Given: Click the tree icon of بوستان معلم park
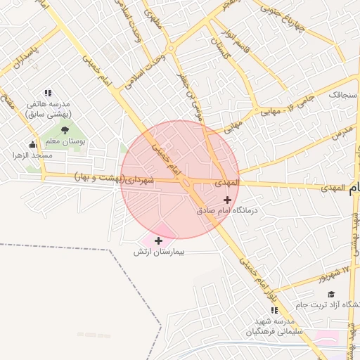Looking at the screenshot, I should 65,129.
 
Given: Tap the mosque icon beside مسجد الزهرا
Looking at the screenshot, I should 33,145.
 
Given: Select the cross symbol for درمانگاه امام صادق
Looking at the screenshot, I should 227,200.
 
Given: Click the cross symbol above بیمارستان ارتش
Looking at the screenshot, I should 159,241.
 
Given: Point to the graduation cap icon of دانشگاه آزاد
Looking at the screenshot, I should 330,294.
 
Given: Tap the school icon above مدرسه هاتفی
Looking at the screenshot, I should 48,93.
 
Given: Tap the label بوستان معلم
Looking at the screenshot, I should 65,141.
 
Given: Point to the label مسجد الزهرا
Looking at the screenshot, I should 32,155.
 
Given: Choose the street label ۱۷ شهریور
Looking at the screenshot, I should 337,272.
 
